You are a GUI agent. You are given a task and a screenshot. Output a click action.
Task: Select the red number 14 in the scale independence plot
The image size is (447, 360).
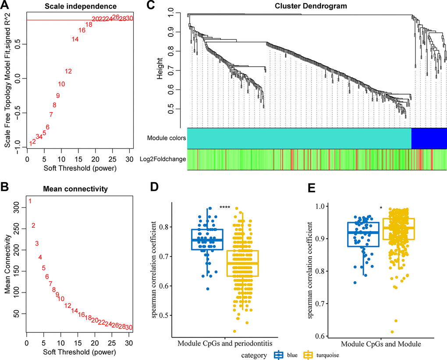pos(75,39)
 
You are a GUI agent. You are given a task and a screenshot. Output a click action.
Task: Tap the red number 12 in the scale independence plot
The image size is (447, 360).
pos(68,71)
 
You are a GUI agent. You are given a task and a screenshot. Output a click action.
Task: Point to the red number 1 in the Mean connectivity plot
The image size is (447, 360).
pos(30,201)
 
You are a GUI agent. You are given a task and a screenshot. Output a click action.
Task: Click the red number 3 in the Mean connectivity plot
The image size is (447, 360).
pos(37,244)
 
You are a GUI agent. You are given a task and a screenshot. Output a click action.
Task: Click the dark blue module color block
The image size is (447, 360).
pos(429,138)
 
